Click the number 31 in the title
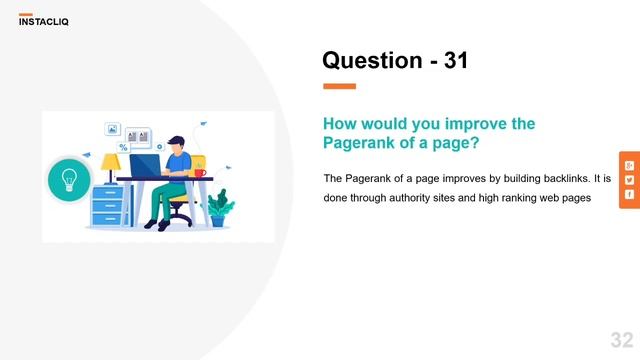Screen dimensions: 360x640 click(x=455, y=61)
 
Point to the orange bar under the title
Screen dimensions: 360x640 click(x=339, y=86)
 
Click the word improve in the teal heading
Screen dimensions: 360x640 click(x=452, y=124)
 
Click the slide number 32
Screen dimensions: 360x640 click(x=621, y=339)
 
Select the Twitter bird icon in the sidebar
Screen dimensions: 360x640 click(x=629, y=180)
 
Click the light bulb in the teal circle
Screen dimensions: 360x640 click(x=69, y=180)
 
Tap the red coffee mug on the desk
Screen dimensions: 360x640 click(x=200, y=173)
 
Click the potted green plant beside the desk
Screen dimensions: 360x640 click(x=219, y=209)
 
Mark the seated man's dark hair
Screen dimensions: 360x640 click(x=177, y=140)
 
